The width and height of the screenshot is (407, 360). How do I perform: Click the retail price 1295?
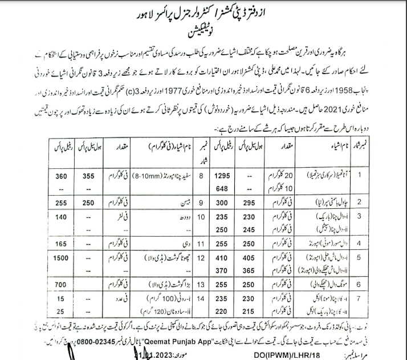[223, 177]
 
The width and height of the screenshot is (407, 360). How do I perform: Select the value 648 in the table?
[223, 188]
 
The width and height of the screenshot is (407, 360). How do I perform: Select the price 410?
[223, 258]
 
